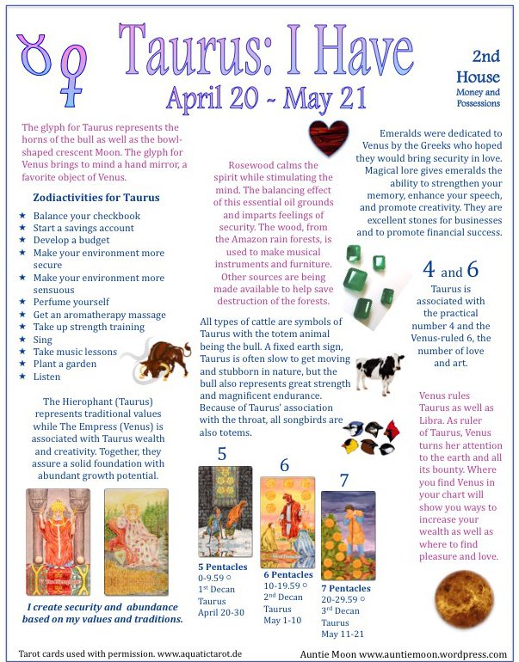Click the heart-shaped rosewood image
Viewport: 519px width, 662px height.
coord(328,138)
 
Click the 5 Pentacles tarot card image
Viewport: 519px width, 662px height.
coord(225,512)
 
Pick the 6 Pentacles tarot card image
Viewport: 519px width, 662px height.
coord(287,522)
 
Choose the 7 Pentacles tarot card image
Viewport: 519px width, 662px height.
coord(348,536)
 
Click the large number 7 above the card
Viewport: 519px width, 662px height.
coord(344,480)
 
